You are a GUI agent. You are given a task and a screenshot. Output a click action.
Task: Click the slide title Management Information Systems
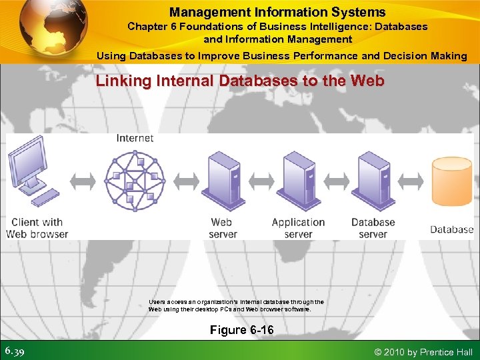click(x=277, y=12)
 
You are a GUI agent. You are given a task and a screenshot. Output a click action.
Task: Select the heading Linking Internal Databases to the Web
click(x=240, y=81)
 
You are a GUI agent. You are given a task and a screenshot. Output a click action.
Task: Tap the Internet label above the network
click(x=135, y=138)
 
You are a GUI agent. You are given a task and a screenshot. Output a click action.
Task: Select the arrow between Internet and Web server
click(x=186, y=180)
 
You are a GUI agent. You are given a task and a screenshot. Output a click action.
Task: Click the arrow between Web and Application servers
click(x=261, y=180)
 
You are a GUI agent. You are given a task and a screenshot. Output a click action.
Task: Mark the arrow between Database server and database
click(x=412, y=180)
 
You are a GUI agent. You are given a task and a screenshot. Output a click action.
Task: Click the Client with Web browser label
click(x=37, y=228)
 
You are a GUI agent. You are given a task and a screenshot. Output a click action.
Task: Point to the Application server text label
click(x=298, y=228)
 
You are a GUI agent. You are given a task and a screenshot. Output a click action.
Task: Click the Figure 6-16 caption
click(x=241, y=330)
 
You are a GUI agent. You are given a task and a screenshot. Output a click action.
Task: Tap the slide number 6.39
click(x=15, y=351)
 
